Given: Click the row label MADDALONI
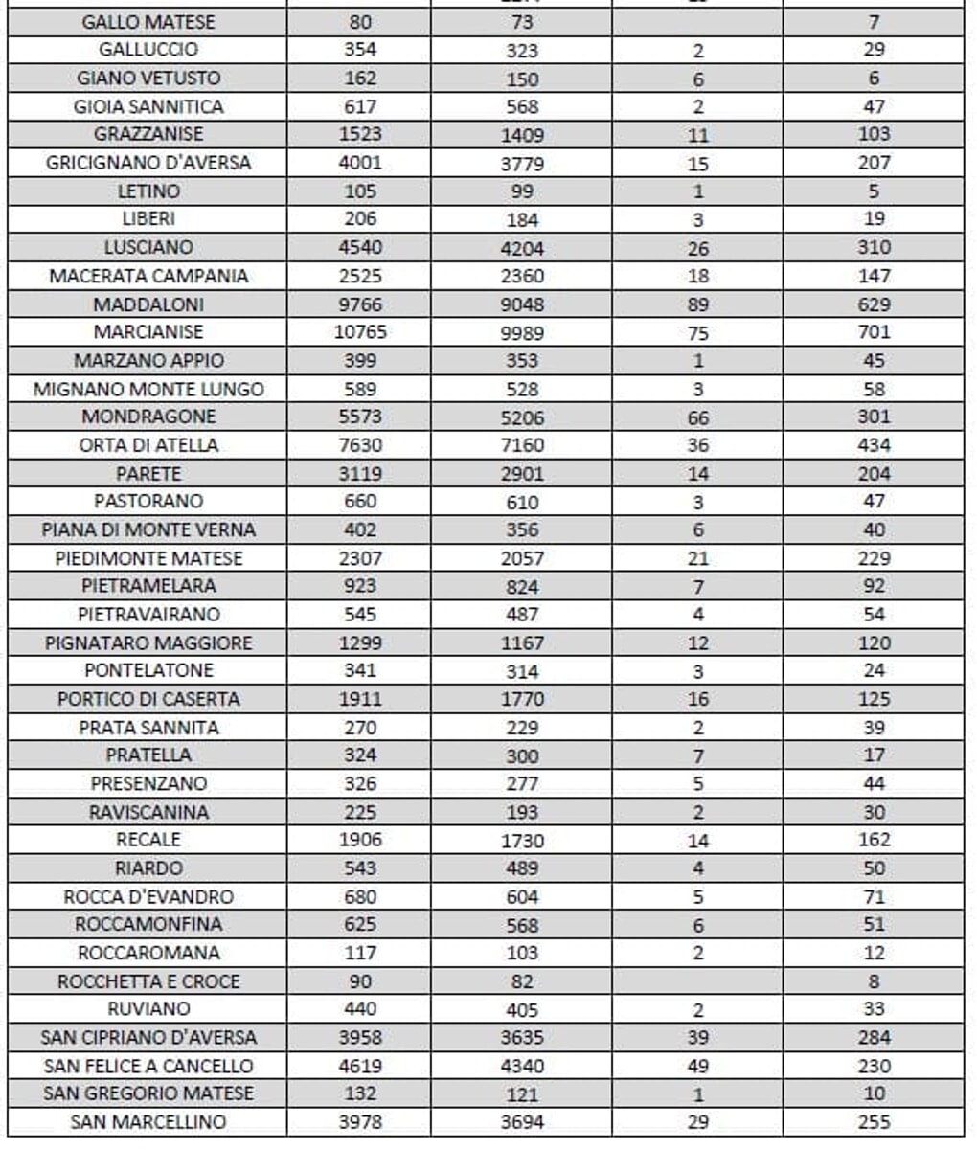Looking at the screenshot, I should point(148,304).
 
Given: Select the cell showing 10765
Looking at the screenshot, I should point(360,332).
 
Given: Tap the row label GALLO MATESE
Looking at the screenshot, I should point(148,22).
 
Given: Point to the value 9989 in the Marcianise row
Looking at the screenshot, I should point(522,333).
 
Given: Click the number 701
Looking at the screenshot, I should point(874,332).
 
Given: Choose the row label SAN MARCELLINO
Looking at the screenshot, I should point(148,1122).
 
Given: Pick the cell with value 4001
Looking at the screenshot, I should point(360,163).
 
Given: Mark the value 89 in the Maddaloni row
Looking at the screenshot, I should point(697,305).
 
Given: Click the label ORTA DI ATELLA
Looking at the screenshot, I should point(148,445).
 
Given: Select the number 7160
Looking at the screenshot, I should point(522,446).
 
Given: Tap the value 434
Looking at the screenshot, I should point(874,445).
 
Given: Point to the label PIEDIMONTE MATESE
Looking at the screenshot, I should point(148,558).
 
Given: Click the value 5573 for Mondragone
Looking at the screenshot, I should point(360,417).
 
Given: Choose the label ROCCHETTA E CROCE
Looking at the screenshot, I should point(148,981).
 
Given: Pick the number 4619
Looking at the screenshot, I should point(360,1066).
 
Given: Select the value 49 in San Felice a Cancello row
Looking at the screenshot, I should point(697,1067).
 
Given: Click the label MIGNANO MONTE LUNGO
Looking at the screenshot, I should point(148,390).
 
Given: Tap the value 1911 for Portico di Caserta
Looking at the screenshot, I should point(360,699).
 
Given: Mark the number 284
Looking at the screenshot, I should point(874,1037).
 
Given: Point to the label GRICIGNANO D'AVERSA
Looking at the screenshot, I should point(148,163).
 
